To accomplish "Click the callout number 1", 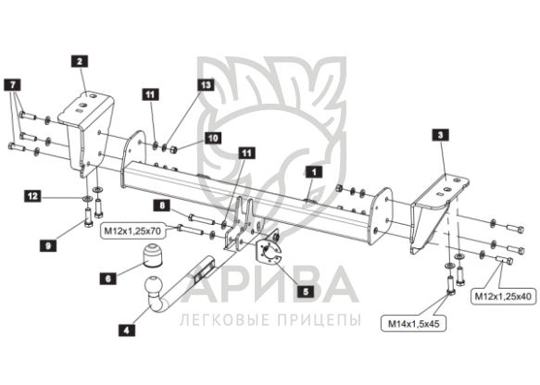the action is point(313,172).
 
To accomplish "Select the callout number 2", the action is point(80,62).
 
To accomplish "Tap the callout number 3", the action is point(440,134).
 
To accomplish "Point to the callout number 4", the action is point(126,330).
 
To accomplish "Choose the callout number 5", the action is point(306,292).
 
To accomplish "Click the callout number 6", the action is point(108,278).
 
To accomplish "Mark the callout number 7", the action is point(12,84).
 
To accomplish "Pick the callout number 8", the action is point(162,205).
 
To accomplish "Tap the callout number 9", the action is point(48,245).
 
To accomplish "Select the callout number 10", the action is point(213,138).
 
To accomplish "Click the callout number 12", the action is point(32,196).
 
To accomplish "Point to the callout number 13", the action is point(206,84).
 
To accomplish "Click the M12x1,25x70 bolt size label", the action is point(132,231).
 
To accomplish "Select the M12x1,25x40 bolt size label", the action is point(503,296).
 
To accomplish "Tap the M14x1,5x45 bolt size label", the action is point(413,323).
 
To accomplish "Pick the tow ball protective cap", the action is point(152,255).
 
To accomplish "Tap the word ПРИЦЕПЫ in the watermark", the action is point(319,319).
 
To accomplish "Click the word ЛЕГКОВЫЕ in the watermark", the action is point(225,319).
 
